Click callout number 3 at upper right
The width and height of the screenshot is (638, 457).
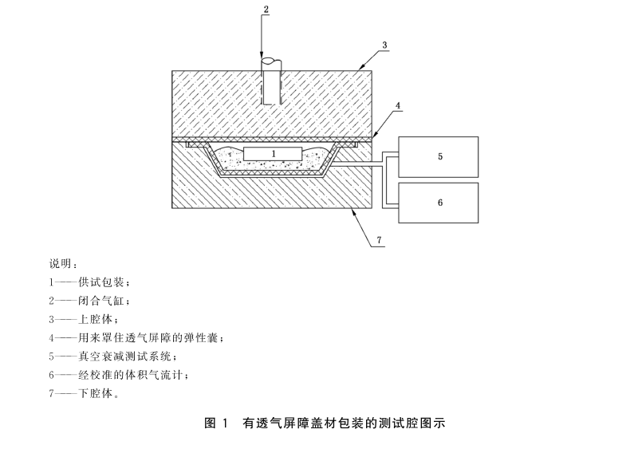(x=384, y=45)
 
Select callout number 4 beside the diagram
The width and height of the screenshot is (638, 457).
(x=397, y=104)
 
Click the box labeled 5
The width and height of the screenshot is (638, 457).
(x=439, y=157)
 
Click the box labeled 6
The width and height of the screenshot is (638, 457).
(x=439, y=203)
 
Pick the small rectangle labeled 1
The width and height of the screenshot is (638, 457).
(x=273, y=152)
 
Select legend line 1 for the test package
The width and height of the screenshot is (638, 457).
(x=88, y=282)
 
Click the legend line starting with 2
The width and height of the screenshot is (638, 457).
(x=88, y=301)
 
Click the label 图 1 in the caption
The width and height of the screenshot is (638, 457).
(x=217, y=424)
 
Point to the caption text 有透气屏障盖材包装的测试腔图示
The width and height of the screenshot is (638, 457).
(x=343, y=424)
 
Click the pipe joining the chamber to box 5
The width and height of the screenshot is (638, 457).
(x=363, y=163)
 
